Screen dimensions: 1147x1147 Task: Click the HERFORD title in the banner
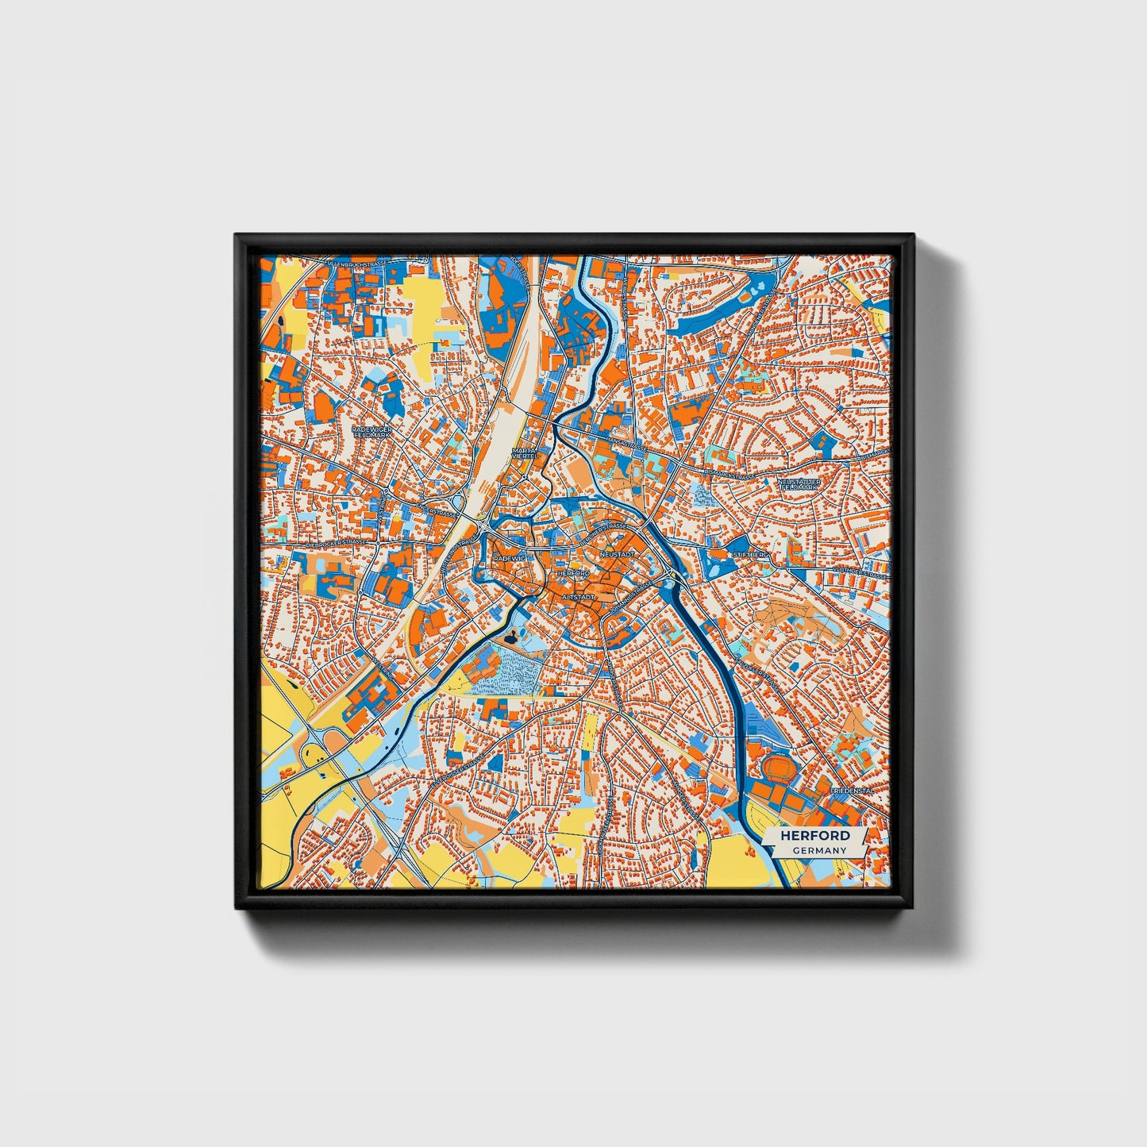[814, 835]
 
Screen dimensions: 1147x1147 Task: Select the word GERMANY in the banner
[818, 850]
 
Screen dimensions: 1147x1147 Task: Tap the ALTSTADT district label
[577, 595]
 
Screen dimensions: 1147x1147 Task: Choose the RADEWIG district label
[510, 558]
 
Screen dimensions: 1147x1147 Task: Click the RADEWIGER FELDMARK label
[367, 432]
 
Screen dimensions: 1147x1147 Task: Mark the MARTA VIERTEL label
[525, 452]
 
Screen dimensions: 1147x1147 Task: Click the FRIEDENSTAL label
[850, 791]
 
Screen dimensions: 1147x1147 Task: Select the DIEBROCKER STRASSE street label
[337, 543]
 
